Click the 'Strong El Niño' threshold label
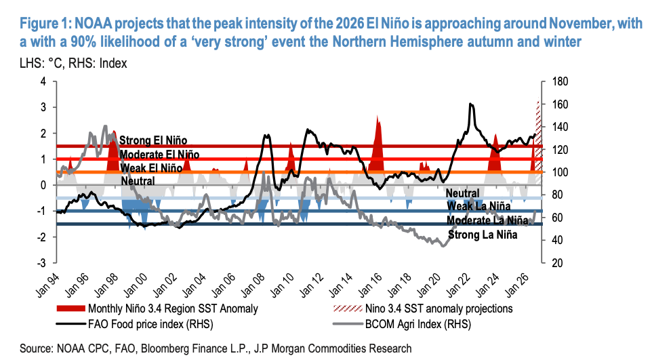pos(153,140)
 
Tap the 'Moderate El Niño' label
pos(159,155)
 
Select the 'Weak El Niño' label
pos(151,168)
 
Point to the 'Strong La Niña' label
pos(483,235)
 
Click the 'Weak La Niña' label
pos(478,206)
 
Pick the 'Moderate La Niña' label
pos(487,220)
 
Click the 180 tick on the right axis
pos(560,81)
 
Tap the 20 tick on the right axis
pos(557,263)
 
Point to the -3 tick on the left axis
pos(41,263)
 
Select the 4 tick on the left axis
pos(43,81)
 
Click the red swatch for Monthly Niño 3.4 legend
pos(70,308)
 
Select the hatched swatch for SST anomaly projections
pos(348,308)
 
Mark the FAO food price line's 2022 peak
pos(470,104)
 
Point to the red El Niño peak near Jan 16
pos(378,116)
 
